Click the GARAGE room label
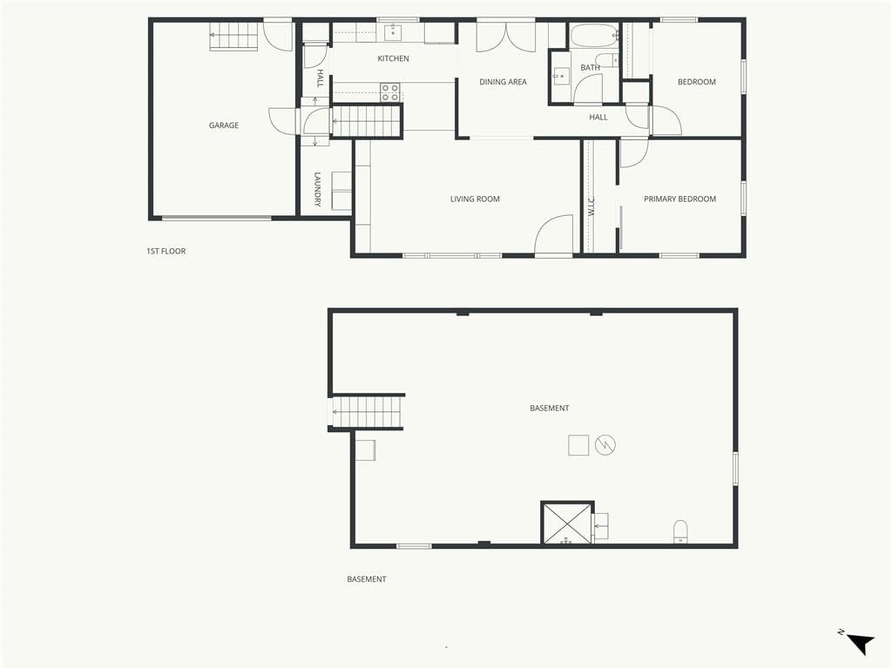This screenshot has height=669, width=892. [x=224, y=125]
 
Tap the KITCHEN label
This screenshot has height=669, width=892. [x=393, y=58]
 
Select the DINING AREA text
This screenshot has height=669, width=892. [x=503, y=82]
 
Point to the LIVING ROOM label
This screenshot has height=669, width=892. [x=475, y=199]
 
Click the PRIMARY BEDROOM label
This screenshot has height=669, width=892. [x=679, y=199]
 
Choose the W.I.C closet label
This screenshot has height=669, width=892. [x=591, y=206]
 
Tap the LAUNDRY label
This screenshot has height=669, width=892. [x=317, y=189]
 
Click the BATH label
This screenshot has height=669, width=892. [x=590, y=68]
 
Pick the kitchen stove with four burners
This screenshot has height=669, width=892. [x=389, y=92]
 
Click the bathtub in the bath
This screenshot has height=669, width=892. [x=594, y=35]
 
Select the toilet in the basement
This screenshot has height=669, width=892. [x=680, y=531]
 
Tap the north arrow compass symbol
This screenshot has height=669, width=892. [x=859, y=643]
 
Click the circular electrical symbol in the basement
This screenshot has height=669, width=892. [x=605, y=445]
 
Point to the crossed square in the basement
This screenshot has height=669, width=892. [x=567, y=523]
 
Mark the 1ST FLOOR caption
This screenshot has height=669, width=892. [x=166, y=251]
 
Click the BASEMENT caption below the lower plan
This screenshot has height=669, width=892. [x=367, y=579]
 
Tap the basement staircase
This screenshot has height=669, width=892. [x=368, y=411]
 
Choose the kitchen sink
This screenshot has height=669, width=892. [x=393, y=32]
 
